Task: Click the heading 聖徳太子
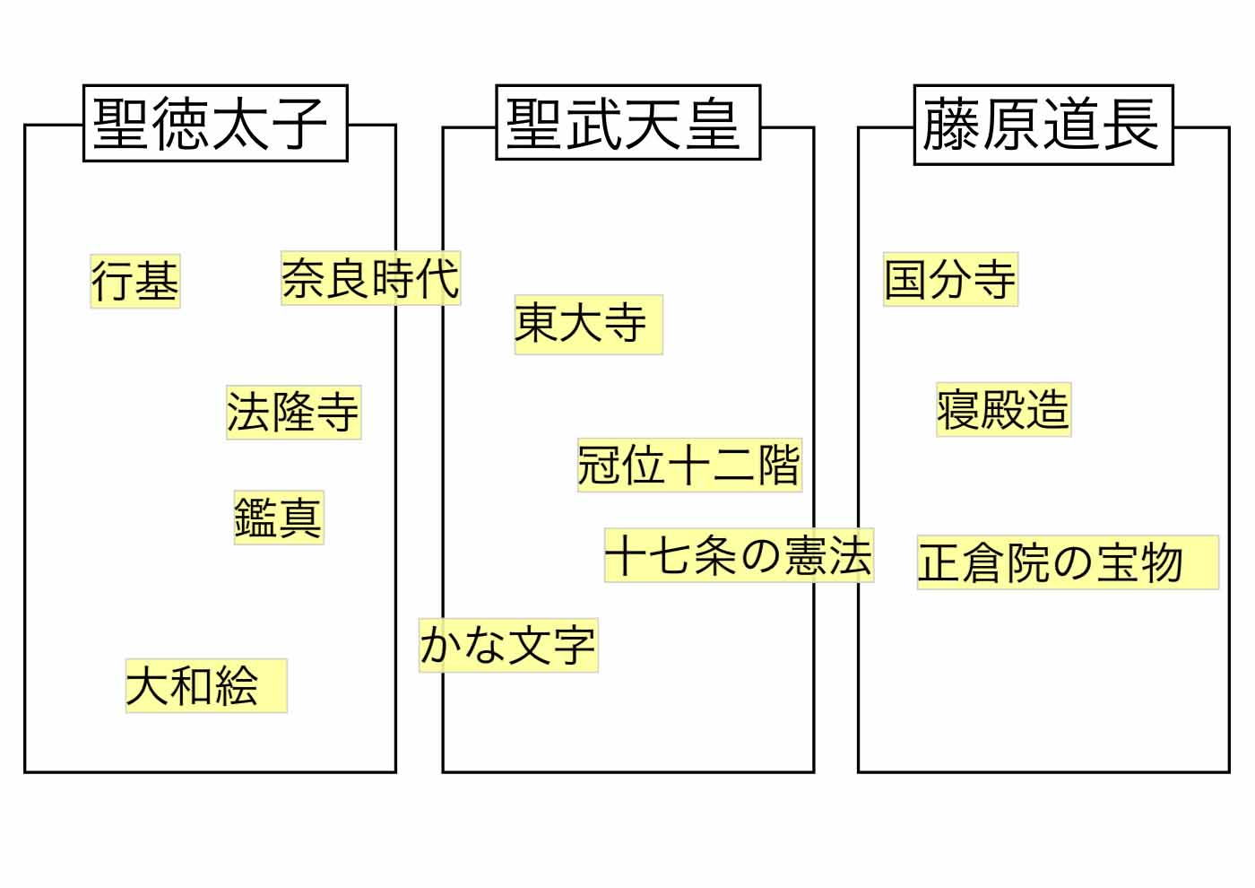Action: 214,124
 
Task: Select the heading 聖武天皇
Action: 627,123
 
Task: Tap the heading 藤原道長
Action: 1043,125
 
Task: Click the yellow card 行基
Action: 135,281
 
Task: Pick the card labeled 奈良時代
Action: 370,278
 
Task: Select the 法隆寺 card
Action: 293,413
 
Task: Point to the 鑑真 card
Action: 278,518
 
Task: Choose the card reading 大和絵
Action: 205,686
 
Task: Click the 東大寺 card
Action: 588,324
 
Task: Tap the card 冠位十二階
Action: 688,465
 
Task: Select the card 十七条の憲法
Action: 739,555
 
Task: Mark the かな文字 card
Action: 507,645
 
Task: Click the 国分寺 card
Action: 950,279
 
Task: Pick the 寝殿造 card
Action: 1003,410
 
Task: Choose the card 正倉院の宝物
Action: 1067,562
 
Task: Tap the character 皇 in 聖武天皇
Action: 714,123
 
